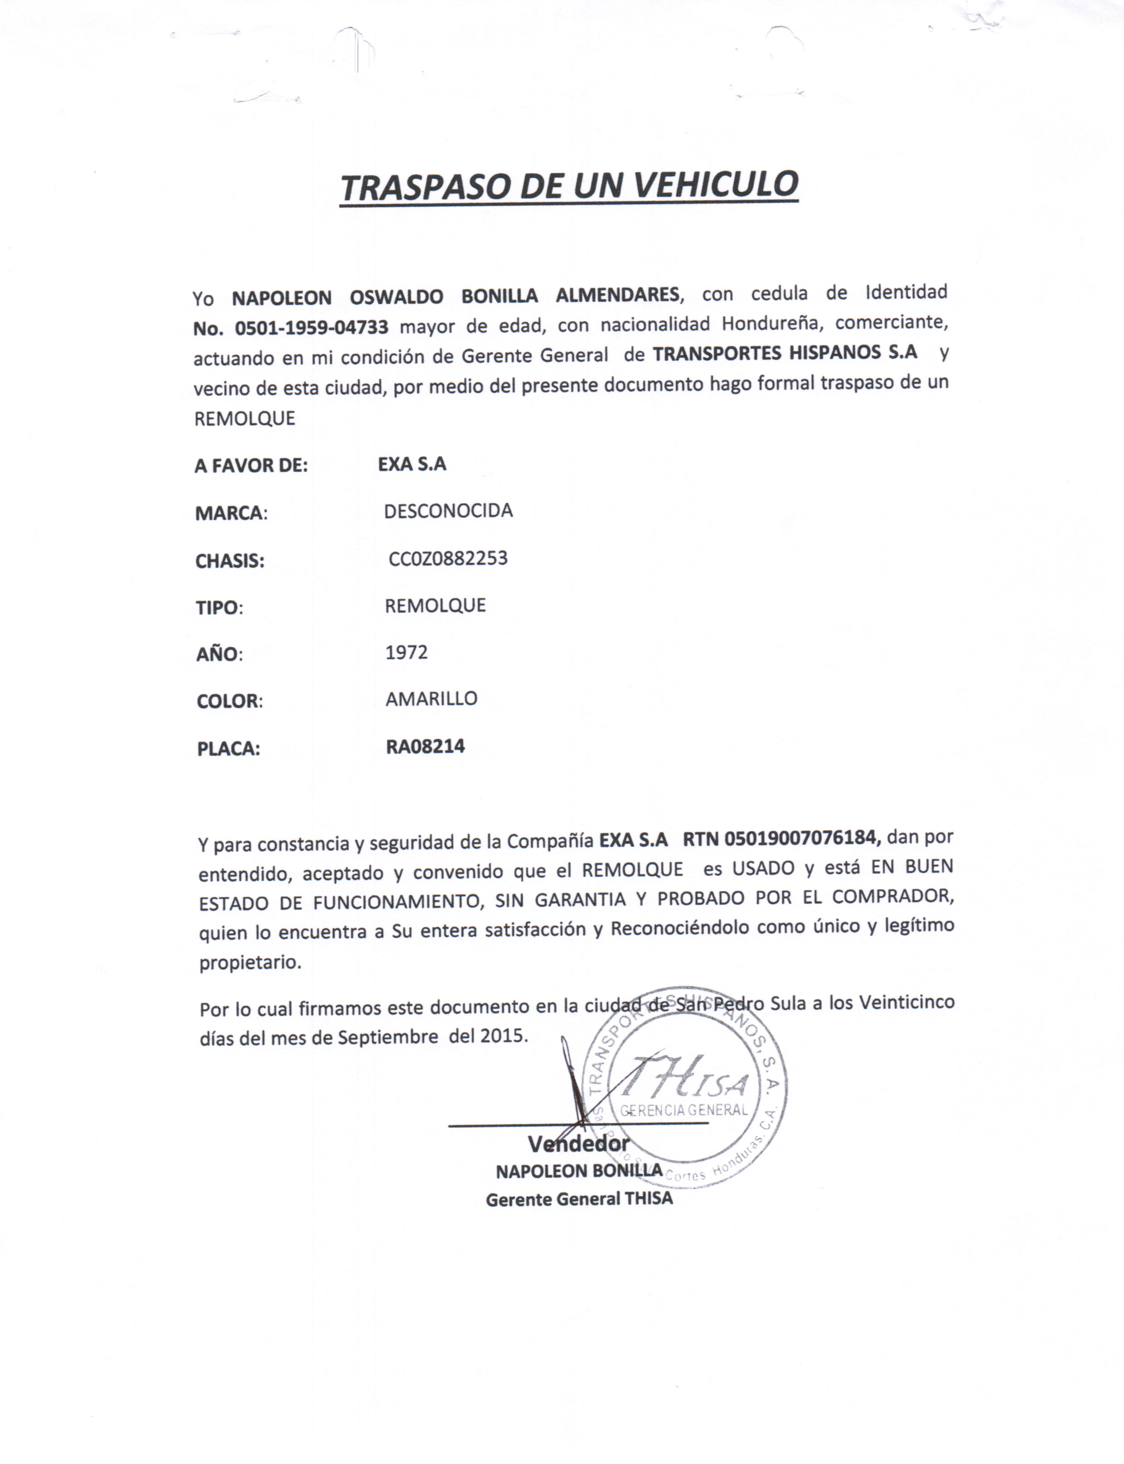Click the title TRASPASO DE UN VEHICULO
point(569,187)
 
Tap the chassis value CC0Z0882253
point(448,558)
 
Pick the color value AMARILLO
point(431,699)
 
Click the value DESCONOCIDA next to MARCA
point(448,511)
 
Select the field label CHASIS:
point(229,561)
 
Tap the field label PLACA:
point(228,749)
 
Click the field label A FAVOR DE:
point(251,466)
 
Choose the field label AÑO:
point(219,654)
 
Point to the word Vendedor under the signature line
point(579,1143)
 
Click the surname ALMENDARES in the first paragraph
point(617,294)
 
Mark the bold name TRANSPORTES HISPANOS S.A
point(785,353)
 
